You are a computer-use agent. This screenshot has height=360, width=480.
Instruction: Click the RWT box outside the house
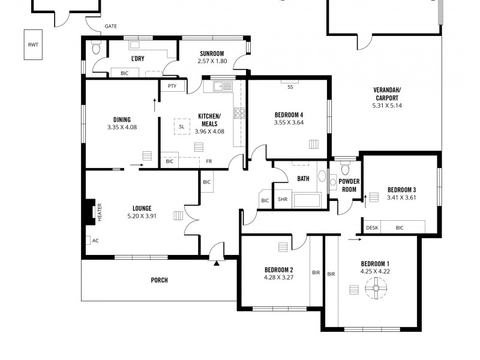coord(32,45)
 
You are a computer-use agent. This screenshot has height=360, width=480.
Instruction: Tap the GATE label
coord(110,26)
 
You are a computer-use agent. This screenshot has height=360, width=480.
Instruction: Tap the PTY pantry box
coord(172,86)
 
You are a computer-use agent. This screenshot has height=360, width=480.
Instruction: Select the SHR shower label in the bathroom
coord(282,200)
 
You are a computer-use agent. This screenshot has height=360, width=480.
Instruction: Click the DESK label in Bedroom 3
coord(372,227)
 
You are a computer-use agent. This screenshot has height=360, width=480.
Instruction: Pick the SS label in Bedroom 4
coord(290,87)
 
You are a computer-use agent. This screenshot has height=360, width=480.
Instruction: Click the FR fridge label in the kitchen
coord(209,161)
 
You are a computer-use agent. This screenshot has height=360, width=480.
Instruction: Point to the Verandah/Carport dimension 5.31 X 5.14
coord(388,106)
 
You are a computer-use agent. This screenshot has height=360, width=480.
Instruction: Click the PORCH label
coord(159,280)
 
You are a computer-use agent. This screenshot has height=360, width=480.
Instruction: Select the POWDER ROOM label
coord(349,185)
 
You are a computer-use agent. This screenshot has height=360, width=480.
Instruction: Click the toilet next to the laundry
coord(95,50)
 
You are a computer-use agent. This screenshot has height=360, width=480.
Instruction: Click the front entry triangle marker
coord(215,260)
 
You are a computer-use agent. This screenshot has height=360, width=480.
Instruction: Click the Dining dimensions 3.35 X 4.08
coord(122,127)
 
